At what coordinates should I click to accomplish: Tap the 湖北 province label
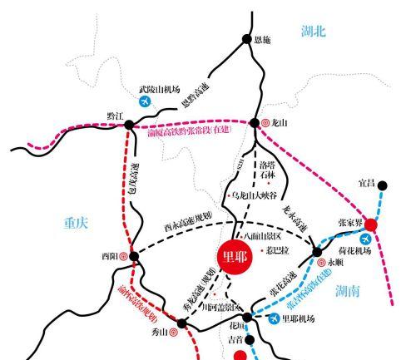314,31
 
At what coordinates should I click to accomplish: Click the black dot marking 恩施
246,38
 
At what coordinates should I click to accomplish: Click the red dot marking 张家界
371,224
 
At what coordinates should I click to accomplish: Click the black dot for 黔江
129,125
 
